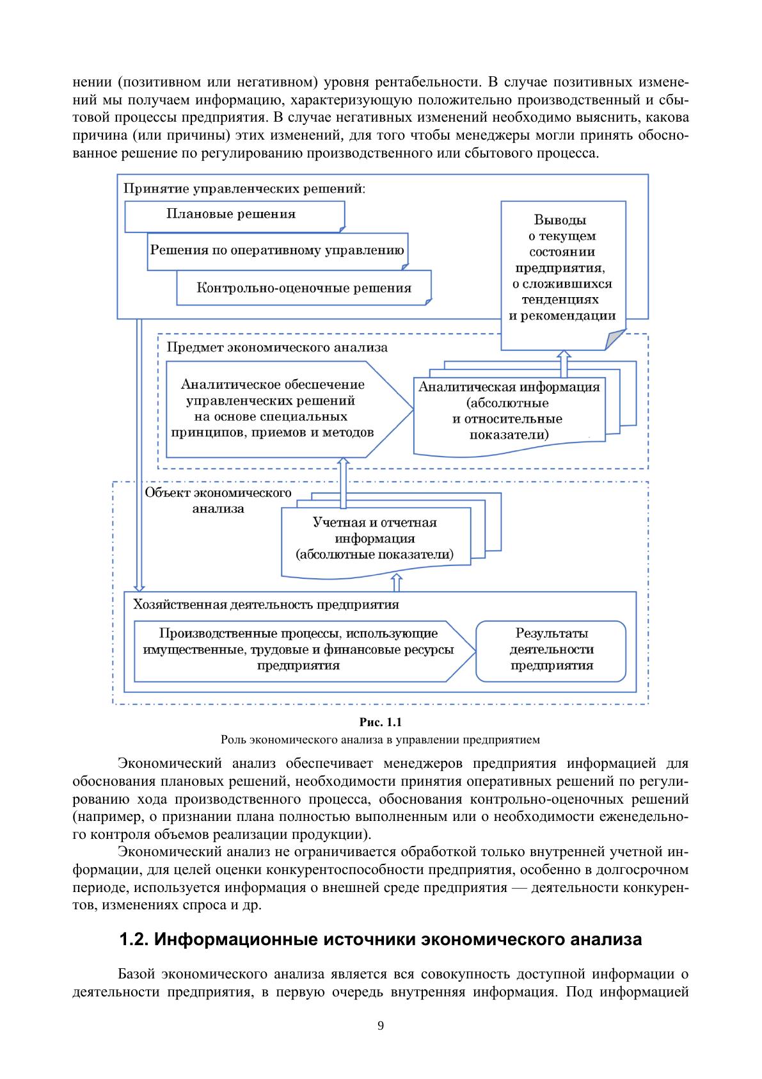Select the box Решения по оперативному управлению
pos(277,250)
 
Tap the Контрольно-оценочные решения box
pos(303,288)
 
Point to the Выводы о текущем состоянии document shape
pos(562,269)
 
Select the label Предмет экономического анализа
pos(277,348)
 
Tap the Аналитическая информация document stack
pos(509,411)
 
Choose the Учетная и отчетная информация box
pos(375,539)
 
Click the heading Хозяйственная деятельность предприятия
pos(266,605)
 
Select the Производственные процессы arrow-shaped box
pos(298,649)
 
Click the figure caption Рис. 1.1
pos(381,723)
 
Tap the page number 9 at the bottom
pos(381,1026)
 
